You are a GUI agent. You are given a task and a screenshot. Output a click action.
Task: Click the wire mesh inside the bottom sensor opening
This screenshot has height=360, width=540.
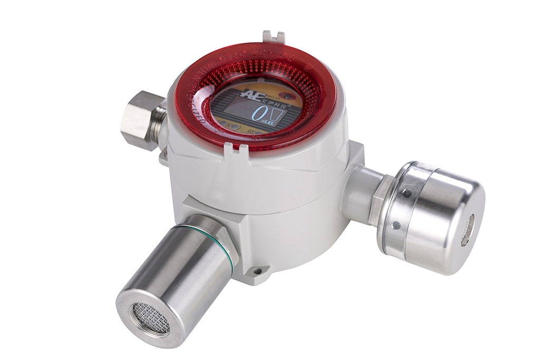click(151, 318)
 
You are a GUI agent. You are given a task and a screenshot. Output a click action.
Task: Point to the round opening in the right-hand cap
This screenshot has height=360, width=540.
click(467, 230)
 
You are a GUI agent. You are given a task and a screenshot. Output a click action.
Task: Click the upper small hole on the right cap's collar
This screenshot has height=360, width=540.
click(407, 194)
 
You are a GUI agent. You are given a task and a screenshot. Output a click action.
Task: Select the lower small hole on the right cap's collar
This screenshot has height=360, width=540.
click(396, 226)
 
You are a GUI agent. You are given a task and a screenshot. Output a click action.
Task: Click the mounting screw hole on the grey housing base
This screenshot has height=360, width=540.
click(257, 271)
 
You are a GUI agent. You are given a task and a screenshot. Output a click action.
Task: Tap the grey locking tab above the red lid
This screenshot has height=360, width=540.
click(273, 37)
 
